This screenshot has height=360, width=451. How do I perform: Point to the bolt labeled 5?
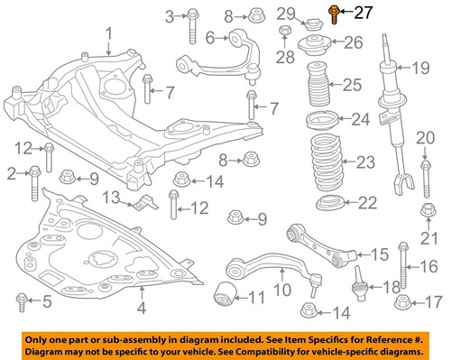point(19,300)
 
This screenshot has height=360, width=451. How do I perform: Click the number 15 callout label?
point(379,254)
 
